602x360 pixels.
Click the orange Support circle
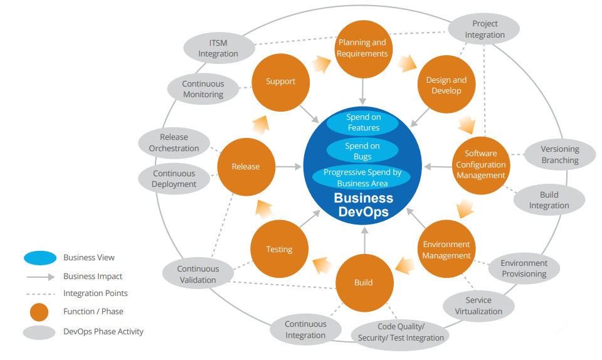[x=280, y=82]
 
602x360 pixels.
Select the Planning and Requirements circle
[x=362, y=48]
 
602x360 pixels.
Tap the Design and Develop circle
[x=446, y=85]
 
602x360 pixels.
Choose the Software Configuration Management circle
[x=480, y=164]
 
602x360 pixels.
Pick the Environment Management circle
[x=446, y=250]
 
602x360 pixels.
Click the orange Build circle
[x=364, y=282]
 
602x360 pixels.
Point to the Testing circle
[x=279, y=249]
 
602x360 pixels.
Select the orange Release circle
[x=246, y=166]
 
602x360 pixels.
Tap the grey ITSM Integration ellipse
[x=218, y=48]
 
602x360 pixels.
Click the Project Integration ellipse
[x=485, y=29]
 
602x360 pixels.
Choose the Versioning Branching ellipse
[x=559, y=154]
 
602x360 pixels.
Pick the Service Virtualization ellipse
[x=478, y=305]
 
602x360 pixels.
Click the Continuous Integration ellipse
[x=305, y=329]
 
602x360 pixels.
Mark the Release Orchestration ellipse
[x=174, y=143]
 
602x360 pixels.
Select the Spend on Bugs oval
[x=362, y=151]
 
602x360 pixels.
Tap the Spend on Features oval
[x=363, y=122]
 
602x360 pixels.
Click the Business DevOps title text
[x=363, y=204]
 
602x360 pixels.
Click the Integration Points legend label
[x=95, y=293]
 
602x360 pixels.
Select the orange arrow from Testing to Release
[x=264, y=208]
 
